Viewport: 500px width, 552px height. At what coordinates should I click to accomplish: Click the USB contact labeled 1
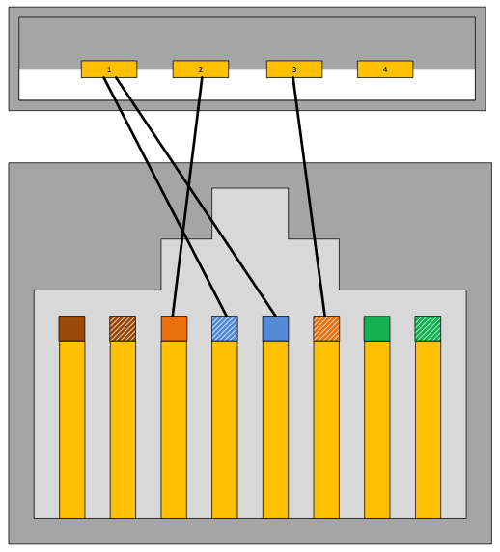109,69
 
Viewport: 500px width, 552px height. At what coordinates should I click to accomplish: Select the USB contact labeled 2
201,69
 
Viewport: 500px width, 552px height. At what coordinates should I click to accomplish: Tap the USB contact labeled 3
294,69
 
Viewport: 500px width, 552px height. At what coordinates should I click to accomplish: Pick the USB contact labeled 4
385,69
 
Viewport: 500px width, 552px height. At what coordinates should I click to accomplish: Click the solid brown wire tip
71,328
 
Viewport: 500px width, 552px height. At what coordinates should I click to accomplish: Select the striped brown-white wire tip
123,328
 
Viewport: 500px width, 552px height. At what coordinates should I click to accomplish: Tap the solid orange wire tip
174,328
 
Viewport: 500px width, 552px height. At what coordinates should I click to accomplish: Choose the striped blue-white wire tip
225,328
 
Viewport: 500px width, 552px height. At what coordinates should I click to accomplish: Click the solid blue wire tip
275,328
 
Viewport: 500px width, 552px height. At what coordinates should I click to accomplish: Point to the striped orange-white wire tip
326,328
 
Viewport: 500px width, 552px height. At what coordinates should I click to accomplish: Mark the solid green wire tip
377,328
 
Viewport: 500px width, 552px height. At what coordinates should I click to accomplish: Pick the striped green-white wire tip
428,328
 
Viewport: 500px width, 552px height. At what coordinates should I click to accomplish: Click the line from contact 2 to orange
187,197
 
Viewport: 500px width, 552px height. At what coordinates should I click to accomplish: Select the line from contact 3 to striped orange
309,197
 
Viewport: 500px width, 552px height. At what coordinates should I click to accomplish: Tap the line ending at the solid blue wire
196,197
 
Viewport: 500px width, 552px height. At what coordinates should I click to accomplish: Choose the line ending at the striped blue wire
165,197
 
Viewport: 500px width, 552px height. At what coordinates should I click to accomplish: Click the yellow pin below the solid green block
377,429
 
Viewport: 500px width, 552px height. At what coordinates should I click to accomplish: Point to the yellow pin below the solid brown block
71,429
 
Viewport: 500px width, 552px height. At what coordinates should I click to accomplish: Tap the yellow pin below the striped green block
428,429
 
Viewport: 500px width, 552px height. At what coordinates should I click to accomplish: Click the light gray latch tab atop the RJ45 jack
250,213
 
